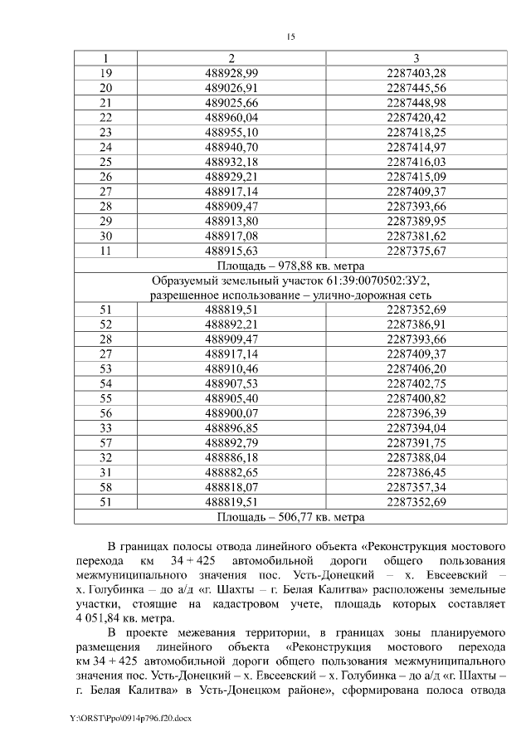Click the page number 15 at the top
point(290,37)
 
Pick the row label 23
point(105,132)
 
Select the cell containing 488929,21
point(231,177)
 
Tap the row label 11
point(105,251)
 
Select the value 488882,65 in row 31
point(231,472)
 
